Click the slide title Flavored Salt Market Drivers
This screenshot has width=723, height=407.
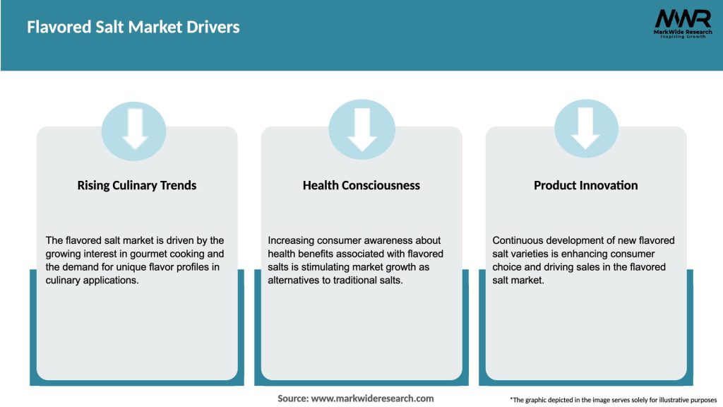coord(133,28)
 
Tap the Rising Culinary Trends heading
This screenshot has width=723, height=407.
coord(137,185)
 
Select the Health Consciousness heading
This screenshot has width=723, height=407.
coord(361,185)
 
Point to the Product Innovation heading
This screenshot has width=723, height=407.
coord(585,185)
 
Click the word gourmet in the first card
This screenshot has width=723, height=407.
coord(155,254)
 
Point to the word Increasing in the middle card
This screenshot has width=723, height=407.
coord(291,241)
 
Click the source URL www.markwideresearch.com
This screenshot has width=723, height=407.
coord(372,399)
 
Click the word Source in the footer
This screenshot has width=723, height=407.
coord(292,399)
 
